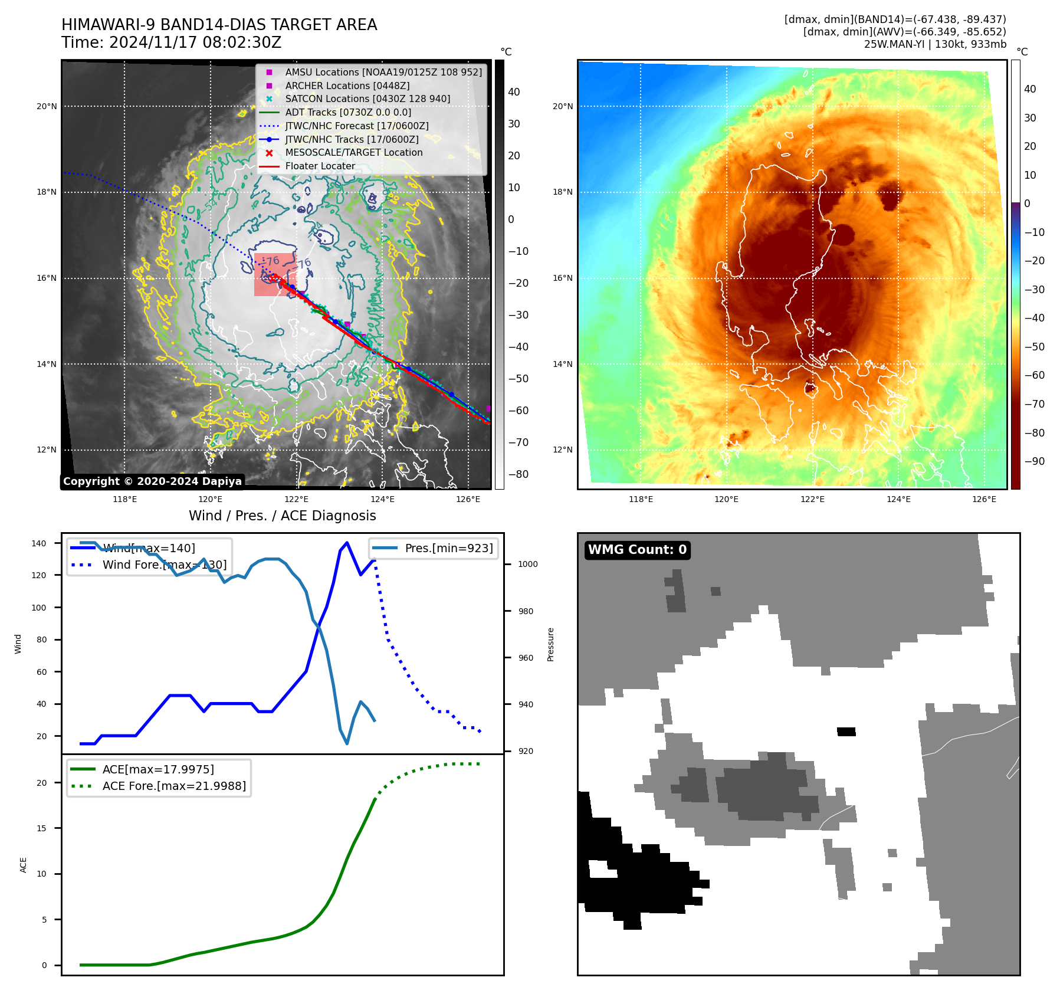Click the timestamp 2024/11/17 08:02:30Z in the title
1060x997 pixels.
coord(195,43)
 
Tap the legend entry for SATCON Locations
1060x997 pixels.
coord(367,99)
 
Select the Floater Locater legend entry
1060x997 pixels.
coord(320,166)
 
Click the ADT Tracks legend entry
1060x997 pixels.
coord(348,113)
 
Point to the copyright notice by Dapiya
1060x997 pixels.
coord(152,481)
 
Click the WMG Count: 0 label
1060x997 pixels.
coord(637,550)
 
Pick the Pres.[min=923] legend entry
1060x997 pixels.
coord(448,548)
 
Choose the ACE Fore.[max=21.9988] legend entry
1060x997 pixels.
coord(174,786)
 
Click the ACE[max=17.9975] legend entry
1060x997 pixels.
coord(158,769)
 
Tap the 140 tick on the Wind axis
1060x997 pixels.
coord(39,543)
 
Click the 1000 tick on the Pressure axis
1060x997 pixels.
coord(528,564)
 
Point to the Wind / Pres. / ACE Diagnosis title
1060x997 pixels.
coord(282,516)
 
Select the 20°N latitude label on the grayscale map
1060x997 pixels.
coord(47,107)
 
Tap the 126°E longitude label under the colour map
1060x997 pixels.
coord(984,500)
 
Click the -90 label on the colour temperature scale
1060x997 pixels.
coord(1034,461)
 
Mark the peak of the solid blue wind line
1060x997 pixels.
coord(347,542)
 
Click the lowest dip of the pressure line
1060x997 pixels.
coord(347,743)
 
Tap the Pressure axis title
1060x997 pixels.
coord(550,644)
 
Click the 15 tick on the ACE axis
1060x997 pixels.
coord(41,828)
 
